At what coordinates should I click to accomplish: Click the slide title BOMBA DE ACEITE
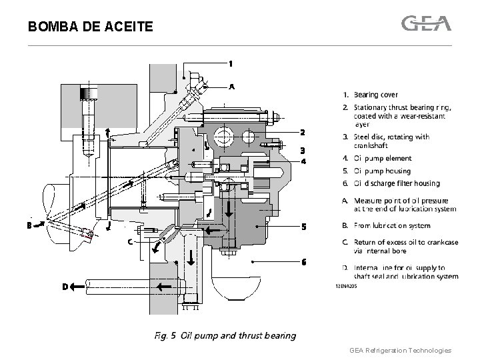click(91, 27)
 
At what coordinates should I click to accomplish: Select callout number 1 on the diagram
click(231, 64)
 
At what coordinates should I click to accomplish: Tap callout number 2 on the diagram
click(302, 131)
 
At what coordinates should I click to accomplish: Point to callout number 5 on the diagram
click(303, 227)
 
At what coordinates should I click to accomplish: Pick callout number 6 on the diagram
click(303, 262)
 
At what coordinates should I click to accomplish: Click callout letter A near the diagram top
click(232, 87)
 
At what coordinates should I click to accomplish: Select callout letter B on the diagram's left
click(30, 225)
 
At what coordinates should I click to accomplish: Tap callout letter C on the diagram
click(131, 241)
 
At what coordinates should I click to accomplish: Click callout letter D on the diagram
click(65, 287)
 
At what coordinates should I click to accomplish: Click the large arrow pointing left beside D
click(84, 287)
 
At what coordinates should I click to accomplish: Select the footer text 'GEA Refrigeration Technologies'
click(400, 350)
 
